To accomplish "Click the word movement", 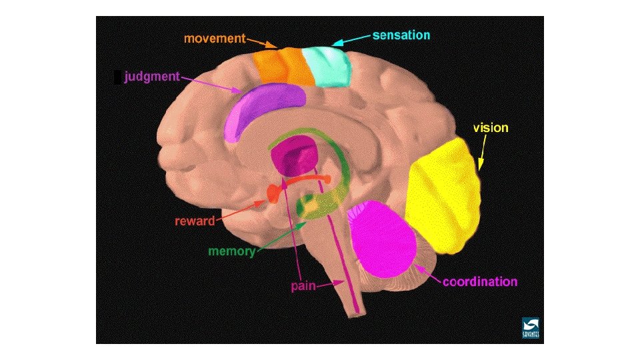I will [x=215, y=38].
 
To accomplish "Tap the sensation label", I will [x=401, y=35].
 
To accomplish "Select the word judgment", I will [x=151, y=76].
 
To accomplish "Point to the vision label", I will [x=490, y=127].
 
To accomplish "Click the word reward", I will [x=195, y=221].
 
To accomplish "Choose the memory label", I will [x=231, y=251].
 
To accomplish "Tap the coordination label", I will [x=480, y=281].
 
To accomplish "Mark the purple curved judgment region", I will [x=263, y=107].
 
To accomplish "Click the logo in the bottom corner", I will [x=531, y=327].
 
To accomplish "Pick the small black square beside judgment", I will [x=117, y=77].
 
